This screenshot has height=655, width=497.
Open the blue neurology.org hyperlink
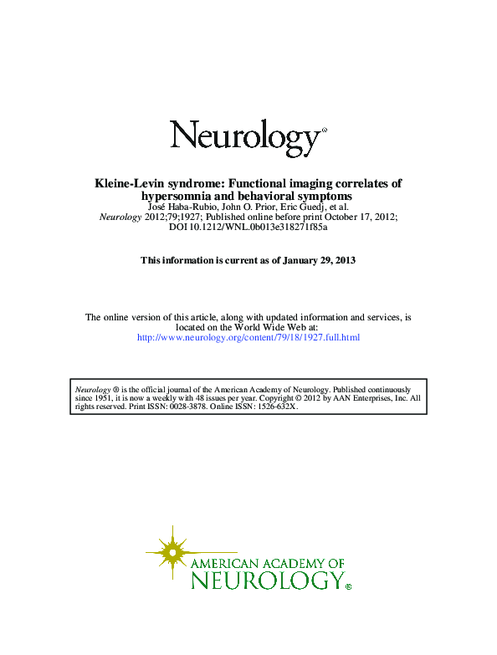coord(248,337)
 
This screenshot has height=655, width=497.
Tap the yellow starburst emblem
coord(172,552)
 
